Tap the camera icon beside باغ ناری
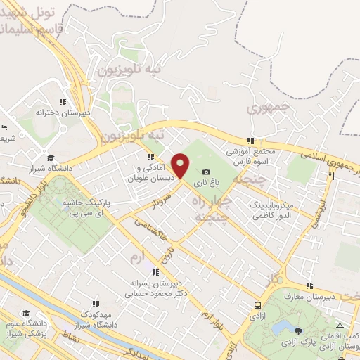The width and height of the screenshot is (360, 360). [206, 172]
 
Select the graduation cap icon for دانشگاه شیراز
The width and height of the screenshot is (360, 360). [50, 157]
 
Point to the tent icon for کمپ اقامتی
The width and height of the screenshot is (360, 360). [340, 326]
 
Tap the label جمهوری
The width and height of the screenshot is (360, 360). [268, 109]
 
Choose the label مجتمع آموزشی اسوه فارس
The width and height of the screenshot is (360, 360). [252, 156]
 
